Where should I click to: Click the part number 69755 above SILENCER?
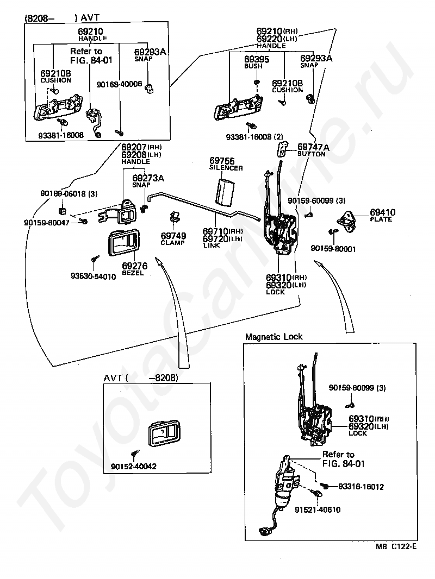point(222,161)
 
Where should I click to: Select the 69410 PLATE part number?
point(383,212)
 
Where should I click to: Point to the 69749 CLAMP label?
point(173,236)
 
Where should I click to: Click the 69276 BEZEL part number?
point(134,266)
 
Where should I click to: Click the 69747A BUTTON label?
point(313,147)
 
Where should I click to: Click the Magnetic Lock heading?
point(274,337)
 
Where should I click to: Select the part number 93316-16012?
point(361,487)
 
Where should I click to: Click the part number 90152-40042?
point(134,466)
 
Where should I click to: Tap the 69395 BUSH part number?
point(256,59)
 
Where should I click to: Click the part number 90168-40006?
point(119,84)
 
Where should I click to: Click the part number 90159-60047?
point(47,222)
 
